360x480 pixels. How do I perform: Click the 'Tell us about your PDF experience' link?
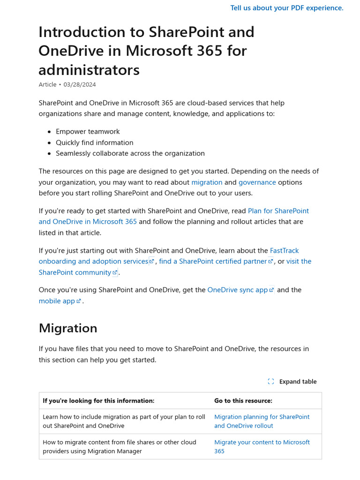(286, 8)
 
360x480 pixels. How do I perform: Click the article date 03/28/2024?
(80, 84)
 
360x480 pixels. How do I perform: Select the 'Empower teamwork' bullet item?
(88, 132)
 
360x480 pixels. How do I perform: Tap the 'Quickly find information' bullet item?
(94, 142)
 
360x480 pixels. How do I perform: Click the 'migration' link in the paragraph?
(207, 182)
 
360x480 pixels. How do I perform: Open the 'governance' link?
(257, 182)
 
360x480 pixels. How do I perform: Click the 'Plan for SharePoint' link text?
(278, 211)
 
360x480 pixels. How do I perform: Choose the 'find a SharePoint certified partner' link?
(213, 262)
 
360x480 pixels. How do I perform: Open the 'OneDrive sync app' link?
(237, 290)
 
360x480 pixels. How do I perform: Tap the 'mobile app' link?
(57, 301)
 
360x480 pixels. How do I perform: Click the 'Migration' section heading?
(68, 328)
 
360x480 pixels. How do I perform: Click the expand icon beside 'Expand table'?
(271, 382)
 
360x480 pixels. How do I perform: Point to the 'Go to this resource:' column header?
(243, 401)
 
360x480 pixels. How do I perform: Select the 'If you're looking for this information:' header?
(98, 401)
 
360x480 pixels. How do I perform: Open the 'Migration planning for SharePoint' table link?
(262, 417)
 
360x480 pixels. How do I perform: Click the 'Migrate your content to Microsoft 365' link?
(262, 442)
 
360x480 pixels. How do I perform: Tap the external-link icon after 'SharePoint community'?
(115, 273)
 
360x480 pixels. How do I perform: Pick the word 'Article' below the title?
(48, 84)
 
